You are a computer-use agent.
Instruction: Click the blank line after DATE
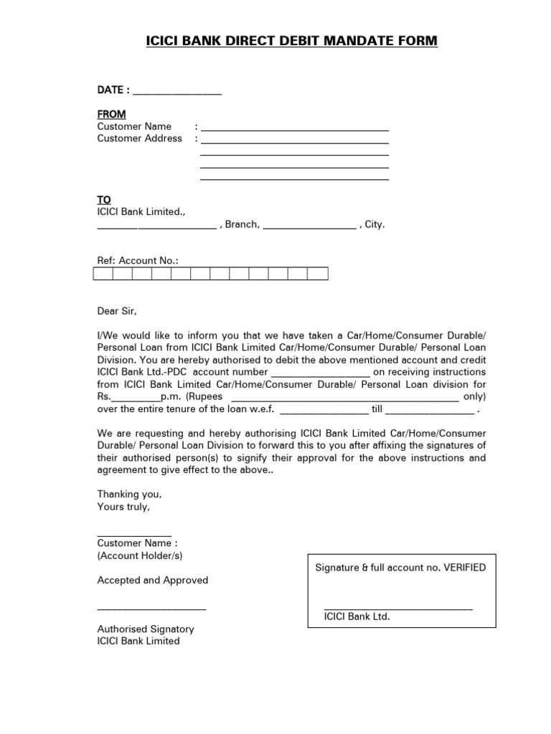pos(177,92)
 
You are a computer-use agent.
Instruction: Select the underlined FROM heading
pos(111,114)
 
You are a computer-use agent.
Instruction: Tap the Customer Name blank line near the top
pos(294,128)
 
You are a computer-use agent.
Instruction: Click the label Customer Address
pos(139,138)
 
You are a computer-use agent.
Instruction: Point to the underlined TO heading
pos(104,199)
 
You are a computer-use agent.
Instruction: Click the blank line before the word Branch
pos(156,226)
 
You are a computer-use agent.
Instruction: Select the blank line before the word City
pos(309,226)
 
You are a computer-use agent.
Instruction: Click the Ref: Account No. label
pos(138,261)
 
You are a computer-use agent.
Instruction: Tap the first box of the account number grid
pos(103,273)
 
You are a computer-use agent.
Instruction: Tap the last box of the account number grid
pos(318,273)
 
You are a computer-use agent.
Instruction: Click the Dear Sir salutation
pos(116,311)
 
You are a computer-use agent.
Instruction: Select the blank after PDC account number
pos(321,373)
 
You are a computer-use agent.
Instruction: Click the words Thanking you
pos(129,495)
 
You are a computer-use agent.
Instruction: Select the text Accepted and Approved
pos(153,580)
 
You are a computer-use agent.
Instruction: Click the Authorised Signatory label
pos(146,629)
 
